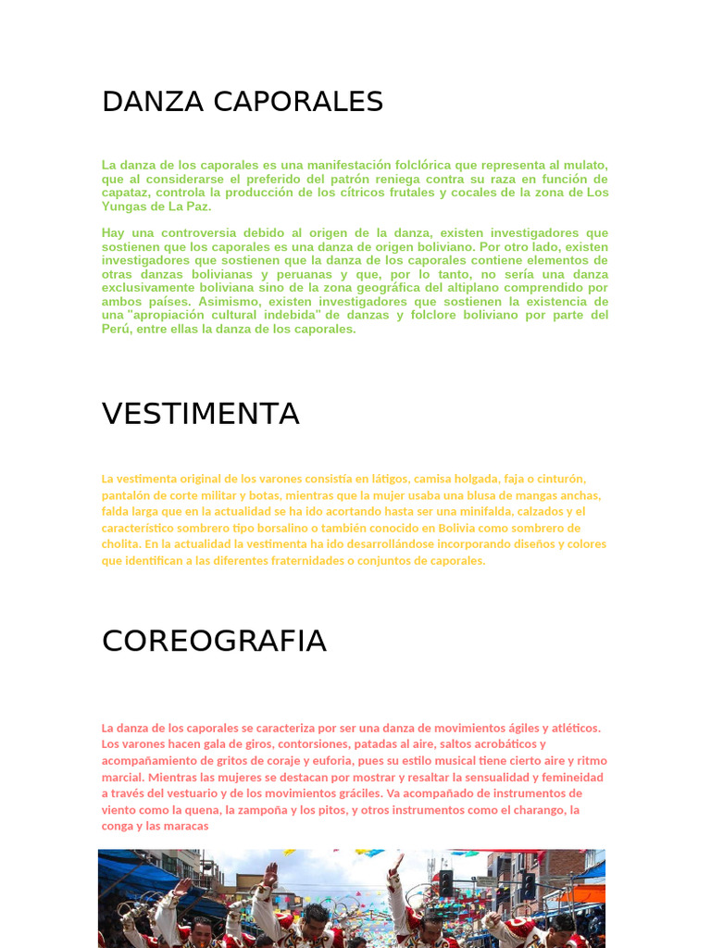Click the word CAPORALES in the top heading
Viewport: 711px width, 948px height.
[x=298, y=102]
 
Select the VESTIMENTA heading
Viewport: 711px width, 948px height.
[x=200, y=414]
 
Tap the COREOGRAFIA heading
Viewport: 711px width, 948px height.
[x=214, y=641]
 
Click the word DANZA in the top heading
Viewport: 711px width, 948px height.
[x=154, y=102]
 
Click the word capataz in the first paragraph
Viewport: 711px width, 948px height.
[x=125, y=193]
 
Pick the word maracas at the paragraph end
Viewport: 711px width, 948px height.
[x=186, y=826]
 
